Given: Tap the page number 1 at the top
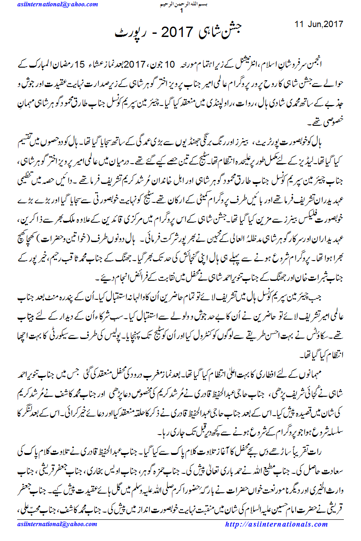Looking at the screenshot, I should coord(181,10).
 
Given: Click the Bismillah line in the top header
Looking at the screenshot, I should coord(180,4).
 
